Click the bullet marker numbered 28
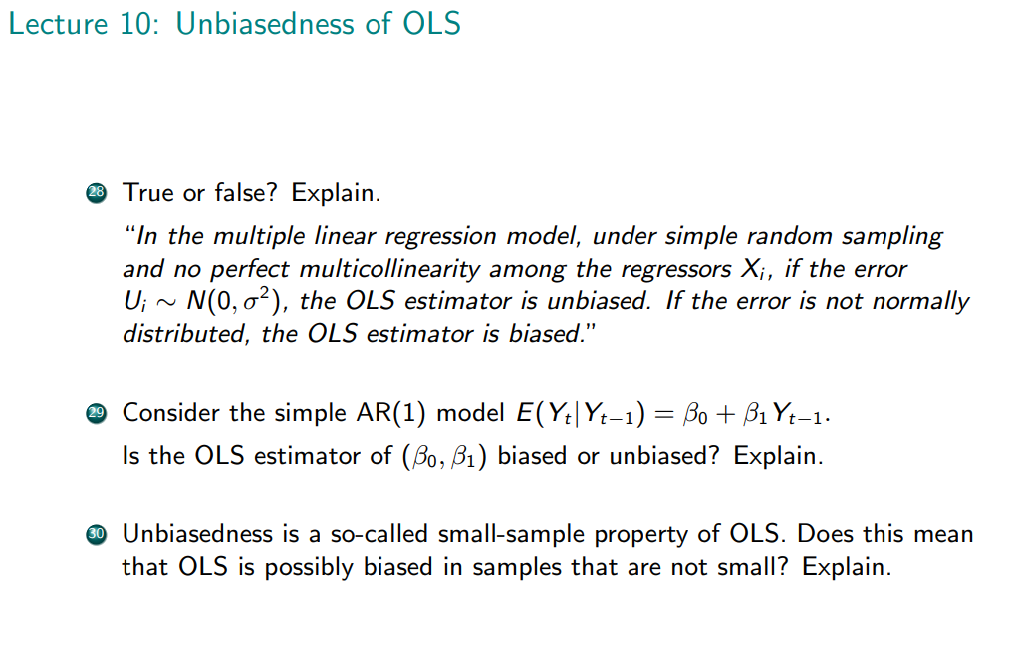96,193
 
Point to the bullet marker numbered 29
96,413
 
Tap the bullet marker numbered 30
96,534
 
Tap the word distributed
185,333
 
